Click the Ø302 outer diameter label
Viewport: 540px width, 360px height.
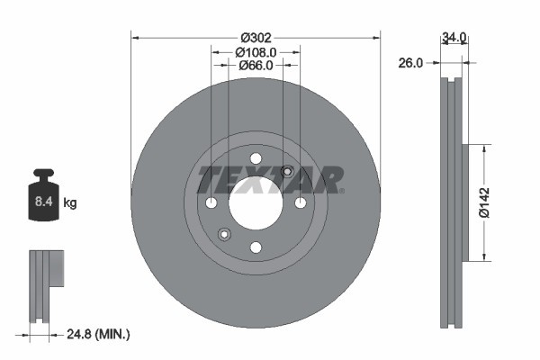pos(256,38)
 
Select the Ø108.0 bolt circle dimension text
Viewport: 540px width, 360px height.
pos(256,52)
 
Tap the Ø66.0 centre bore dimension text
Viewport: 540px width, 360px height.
pos(256,66)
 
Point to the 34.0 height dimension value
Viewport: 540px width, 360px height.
pos(454,38)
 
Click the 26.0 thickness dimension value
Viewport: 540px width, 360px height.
pos(411,63)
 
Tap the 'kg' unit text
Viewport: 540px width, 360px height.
pos(69,203)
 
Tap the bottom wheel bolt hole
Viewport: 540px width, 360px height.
pos(255,247)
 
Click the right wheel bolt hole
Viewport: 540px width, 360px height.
pos(300,202)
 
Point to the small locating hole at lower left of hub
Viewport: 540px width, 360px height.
pos(224,235)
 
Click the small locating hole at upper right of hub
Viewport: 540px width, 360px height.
pos(287,171)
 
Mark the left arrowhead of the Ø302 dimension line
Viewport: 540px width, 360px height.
pos(136,38)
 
